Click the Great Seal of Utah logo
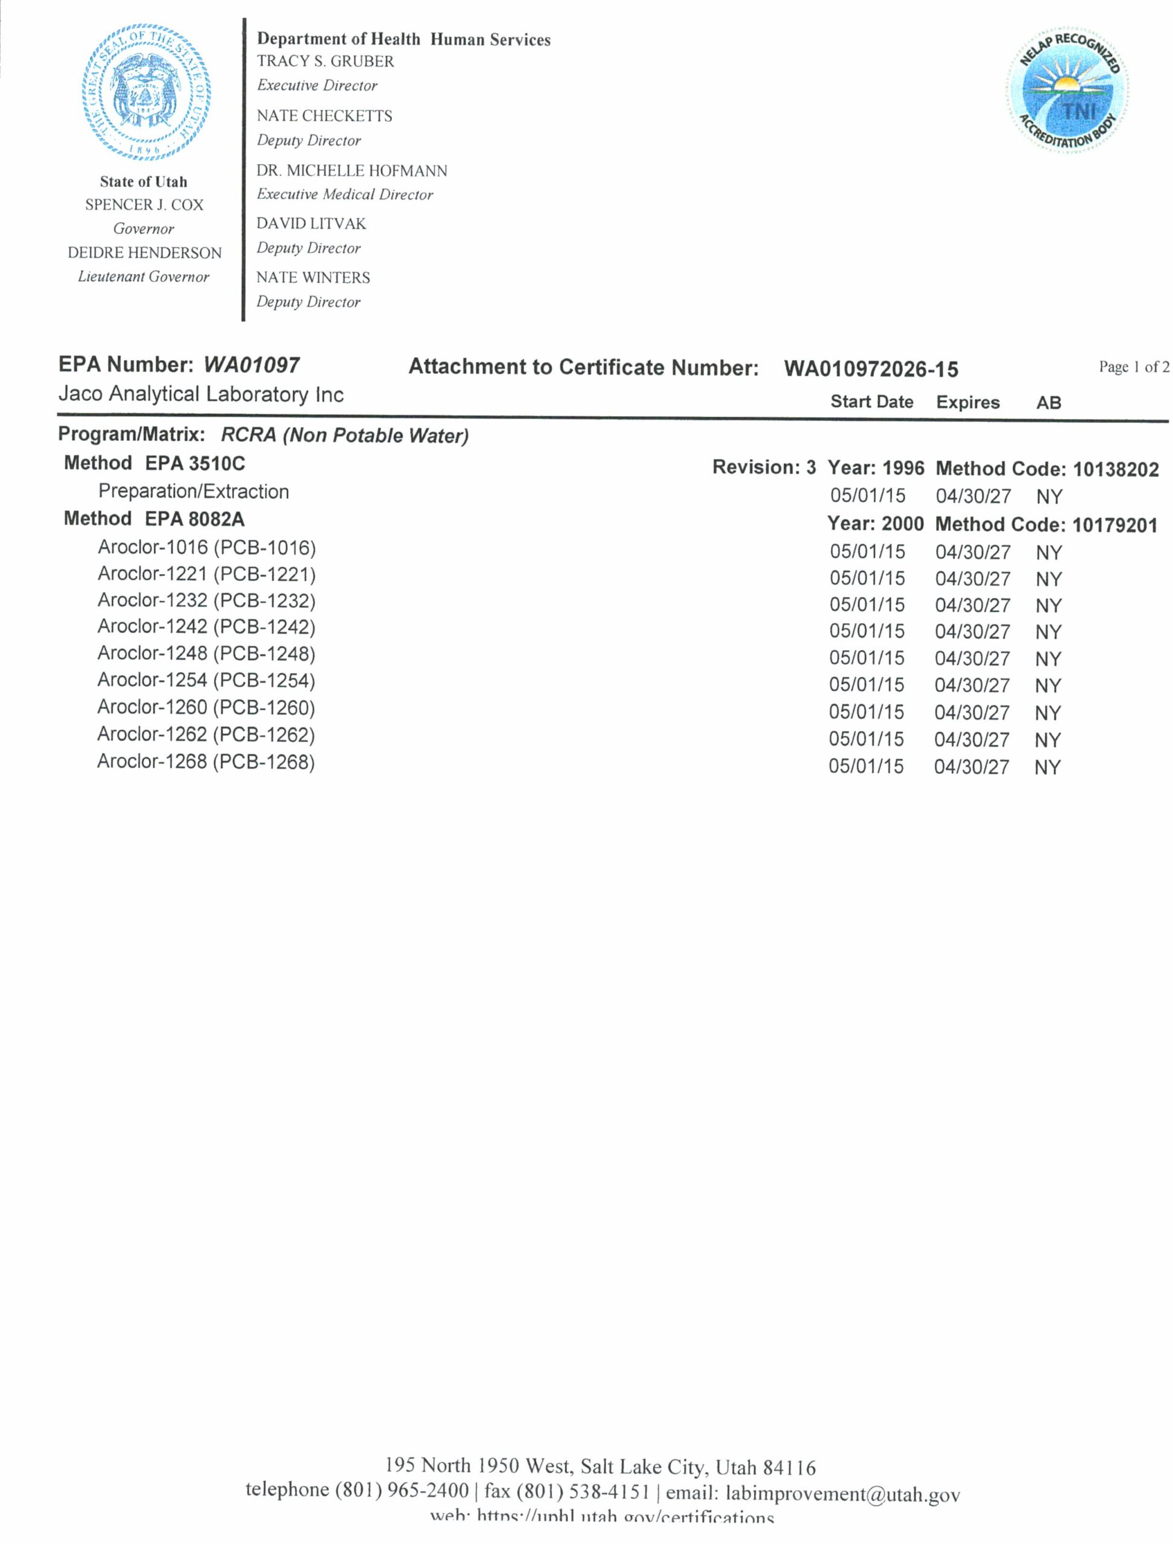(x=145, y=91)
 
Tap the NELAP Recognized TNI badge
(x=1067, y=90)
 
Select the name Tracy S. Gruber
(x=326, y=62)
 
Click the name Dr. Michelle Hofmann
(x=351, y=171)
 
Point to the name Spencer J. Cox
(x=144, y=204)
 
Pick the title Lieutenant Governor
(x=143, y=277)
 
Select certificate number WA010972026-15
(x=871, y=369)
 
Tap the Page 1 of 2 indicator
(x=1133, y=367)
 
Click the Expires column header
(x=968, y=402)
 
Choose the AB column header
(x=1049, y=402)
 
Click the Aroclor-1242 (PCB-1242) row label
(x=207, y=627)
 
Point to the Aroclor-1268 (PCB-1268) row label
(x=206, y=761)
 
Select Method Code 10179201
(x=1115, y=525)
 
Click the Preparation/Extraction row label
(x=194, y=492)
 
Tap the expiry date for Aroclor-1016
(x=973, y=552)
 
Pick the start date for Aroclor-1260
(x=866, y=712)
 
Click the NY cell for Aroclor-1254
(x=1048, y=686)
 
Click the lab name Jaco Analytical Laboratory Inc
(x=201, y=394)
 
